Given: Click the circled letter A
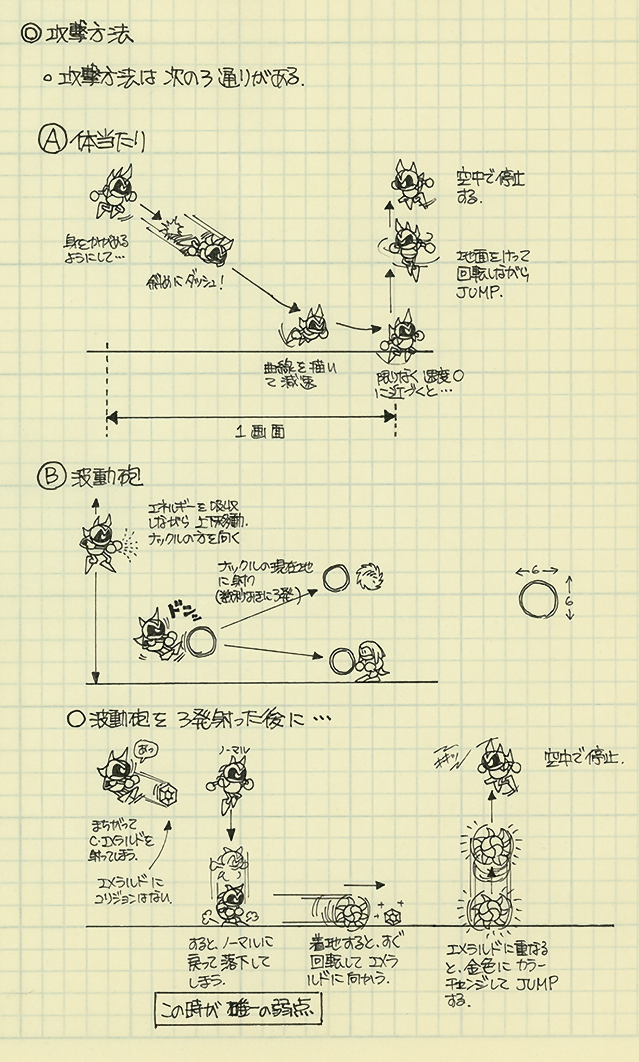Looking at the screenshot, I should (x=52, y=140).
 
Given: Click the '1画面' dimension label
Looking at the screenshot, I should (x=260, y=432).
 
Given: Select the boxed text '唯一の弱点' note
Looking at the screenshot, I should (x=238, y=1009).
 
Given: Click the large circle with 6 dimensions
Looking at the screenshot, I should (x=538, y=599).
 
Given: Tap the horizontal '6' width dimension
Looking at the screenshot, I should (x=536, y=570).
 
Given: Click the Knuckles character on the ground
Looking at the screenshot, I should (x=372, y=659).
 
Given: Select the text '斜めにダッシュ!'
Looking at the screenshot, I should (x=184, y=282).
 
